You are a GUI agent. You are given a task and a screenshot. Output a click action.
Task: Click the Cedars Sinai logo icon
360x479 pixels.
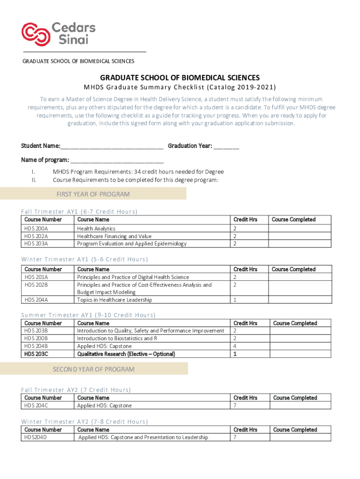click(36, 32)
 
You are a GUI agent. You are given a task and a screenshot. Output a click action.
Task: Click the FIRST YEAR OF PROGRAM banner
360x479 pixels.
click(93, 194)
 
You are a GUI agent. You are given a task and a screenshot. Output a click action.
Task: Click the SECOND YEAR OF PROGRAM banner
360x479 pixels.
click(94, 369)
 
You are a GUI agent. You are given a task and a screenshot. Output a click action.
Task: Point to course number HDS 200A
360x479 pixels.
click(36, 229)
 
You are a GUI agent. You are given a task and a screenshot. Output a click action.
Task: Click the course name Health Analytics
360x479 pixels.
click(96, 229)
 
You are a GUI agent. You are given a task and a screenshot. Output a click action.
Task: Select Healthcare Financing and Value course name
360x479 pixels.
click(114, 236)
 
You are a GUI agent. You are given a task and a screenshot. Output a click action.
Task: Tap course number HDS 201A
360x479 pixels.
click(36, 277)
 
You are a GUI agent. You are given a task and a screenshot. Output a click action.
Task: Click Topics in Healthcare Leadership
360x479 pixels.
click(115, 300)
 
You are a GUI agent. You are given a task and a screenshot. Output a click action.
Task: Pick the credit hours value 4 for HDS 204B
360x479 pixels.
click(235, 346)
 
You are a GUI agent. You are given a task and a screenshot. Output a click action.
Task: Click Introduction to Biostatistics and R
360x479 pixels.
click(117, 339)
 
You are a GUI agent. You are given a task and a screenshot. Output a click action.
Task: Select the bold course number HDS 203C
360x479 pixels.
click(36, 354)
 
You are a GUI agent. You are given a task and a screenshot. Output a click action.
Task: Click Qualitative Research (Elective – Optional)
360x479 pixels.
click(126, 354)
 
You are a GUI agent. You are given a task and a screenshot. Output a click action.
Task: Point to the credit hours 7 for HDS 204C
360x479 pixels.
click(235, 406)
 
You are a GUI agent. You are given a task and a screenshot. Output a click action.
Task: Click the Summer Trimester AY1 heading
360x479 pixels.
click(88, 315)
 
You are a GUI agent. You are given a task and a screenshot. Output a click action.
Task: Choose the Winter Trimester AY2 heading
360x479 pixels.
click(85, 422)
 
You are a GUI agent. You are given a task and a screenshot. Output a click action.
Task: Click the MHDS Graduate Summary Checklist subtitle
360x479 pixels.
click(180, 87)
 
